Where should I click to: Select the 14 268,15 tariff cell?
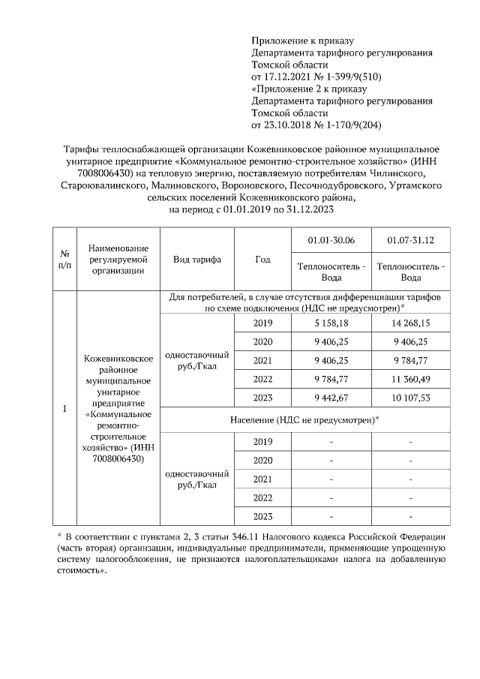pos(410,323)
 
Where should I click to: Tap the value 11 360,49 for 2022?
pos(410,377)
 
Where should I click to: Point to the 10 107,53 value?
pos(410,396)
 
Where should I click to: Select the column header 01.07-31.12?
pos(410,240)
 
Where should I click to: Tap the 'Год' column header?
pos(262,259)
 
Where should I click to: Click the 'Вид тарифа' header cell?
pos(197,259)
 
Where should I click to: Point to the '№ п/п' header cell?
pos(64,259)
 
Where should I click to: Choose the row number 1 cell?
pos(64,409)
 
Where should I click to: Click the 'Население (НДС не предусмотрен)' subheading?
pos(304,419)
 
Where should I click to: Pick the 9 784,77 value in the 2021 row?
pos(410,359)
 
